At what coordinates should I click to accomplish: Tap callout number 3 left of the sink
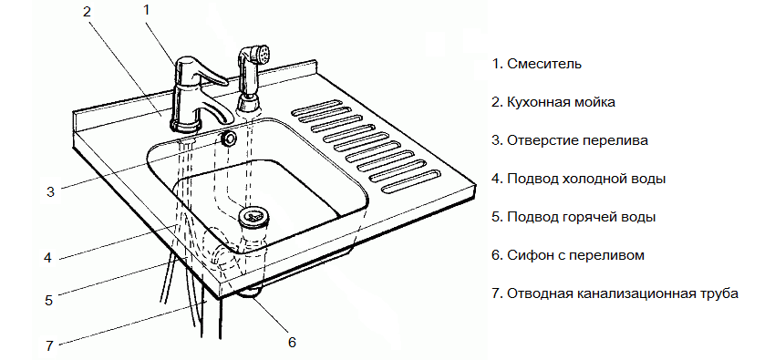click(51, 191)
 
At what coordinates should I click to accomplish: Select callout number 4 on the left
click(46, 257)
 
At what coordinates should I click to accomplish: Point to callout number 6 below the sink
click(292, 343)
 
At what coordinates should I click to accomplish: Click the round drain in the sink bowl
click(252, 217)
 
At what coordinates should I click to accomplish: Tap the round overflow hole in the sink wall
click(228, 138)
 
